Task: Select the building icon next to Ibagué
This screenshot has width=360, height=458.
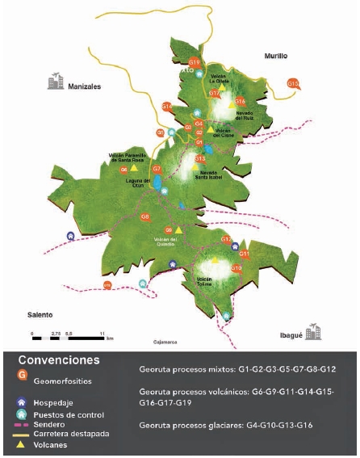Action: pos(312,332)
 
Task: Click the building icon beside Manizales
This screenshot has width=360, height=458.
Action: pos(55,81)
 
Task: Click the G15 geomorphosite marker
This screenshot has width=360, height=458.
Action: pos(293,82)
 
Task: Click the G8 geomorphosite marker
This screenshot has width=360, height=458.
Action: pos(145,216)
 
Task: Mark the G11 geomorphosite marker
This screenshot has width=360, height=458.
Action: pos(245,254)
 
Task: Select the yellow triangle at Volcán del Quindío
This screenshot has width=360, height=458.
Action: pos(178,230)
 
